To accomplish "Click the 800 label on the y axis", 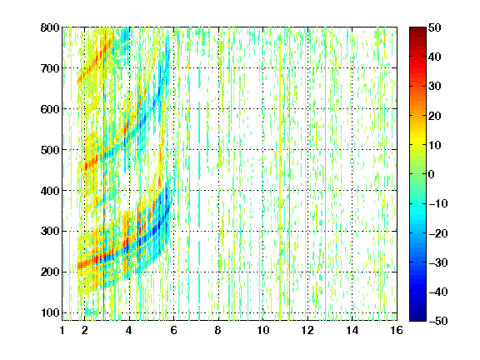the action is (x=50, y=27).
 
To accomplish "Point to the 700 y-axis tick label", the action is (x=50, y=68).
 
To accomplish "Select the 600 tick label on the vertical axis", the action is (x=50, y=109).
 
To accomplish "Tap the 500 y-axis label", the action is (x=50, y=150).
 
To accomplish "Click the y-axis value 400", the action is (x=50, y=191).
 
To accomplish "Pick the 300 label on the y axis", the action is (x=50, y=231).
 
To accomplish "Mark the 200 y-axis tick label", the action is (x=50, y=272).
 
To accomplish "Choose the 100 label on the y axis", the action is (x=50, y=312).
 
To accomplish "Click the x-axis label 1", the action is (x=62, y=330).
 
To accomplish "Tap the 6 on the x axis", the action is (x=174, y=330).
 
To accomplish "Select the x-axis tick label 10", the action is (x=262, y=330).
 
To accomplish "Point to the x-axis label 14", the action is (x=352, y=330).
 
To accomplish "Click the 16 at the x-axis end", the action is (x=397, y=330).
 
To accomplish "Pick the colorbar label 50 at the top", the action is (x=435, y=27).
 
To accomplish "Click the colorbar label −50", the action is (x=438, y=321).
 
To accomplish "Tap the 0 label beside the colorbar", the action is (x=432, y=174).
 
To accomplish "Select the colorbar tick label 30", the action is (x=435, y=86).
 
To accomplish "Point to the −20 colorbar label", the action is (x=438, y=233).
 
